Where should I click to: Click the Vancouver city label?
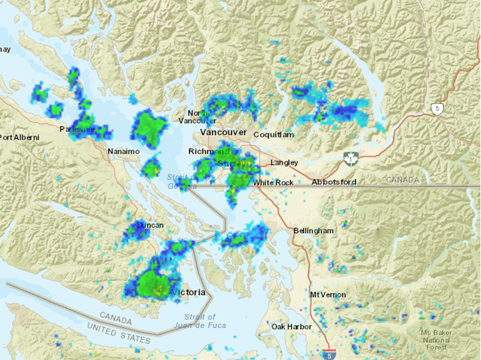223,132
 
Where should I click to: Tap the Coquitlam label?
274,134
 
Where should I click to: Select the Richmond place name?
208,151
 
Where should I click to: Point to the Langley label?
284,163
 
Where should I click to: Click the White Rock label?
273,182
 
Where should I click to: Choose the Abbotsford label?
334,182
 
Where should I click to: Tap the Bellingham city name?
313,230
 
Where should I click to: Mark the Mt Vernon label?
328,294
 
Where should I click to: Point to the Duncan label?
150,225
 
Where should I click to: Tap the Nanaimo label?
124,151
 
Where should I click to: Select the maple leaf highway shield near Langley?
350,158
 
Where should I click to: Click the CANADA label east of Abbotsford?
404,180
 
